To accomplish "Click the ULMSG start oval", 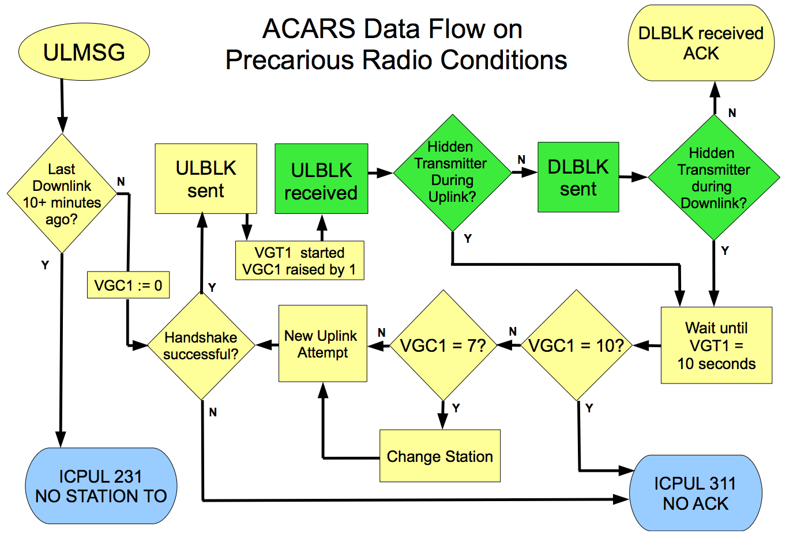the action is click(84, 52).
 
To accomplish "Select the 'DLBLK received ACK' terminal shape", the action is click(701, 43).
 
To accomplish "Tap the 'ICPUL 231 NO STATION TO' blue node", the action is click(101, 486).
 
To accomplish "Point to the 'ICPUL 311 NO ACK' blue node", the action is click(696, 493).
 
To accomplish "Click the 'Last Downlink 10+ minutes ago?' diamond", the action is click(62, 194).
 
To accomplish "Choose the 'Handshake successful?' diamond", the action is click(201, 345).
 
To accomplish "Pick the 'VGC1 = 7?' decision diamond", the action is click(443, 345).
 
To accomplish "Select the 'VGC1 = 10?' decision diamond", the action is click(577, 345).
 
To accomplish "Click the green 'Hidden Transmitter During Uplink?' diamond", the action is click(452, 173).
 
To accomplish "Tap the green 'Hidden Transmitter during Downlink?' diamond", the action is click(714, 177).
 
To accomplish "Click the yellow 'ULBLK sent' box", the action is click(206, 179).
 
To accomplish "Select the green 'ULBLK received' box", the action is click(321, 179).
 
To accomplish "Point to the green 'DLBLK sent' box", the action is click(578, 177).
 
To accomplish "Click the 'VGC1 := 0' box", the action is click(128, 285).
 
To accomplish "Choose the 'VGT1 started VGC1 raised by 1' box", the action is click(299, 261).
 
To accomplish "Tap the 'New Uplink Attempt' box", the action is click(323, 343).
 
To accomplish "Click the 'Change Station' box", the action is click(440, 456).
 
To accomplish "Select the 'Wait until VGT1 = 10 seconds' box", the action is click(716, 345).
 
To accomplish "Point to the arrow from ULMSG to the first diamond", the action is click(62, 106).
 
